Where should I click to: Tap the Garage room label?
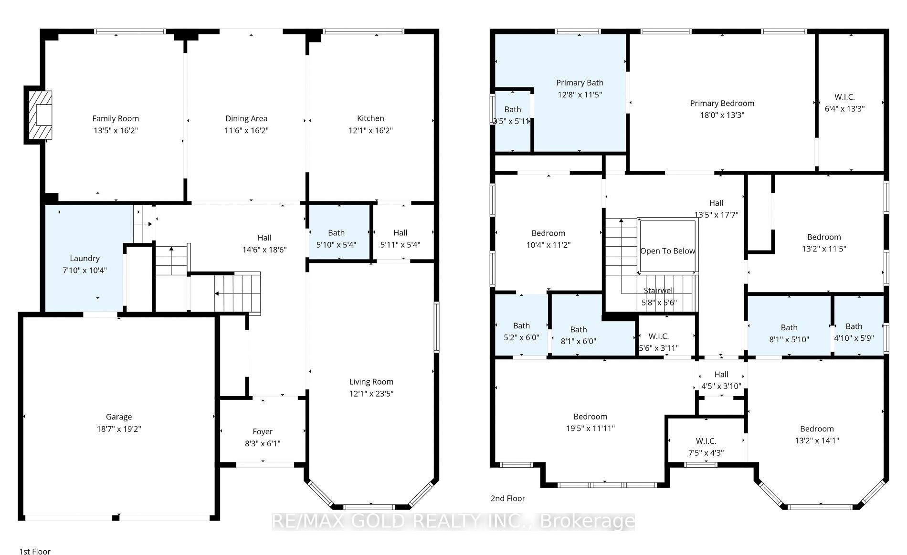coord(119,417)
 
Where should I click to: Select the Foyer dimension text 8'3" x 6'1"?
coord(263,443)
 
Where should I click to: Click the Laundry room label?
coord(84,258)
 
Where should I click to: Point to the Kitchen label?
coord(370,118)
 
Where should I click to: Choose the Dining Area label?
coord(246,118)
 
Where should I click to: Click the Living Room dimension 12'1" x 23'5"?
coord(371,394)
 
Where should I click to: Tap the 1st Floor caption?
coord(35,551)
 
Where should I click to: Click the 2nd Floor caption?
coord(508,498)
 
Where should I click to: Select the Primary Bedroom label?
coord(722,103)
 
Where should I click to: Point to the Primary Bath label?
coord(580,83)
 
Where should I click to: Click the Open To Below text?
coord(667,251)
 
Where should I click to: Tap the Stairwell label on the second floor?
coord(659,290)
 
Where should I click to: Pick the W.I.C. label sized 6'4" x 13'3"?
coord(844,97)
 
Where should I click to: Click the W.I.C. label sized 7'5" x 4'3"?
coord(706,441)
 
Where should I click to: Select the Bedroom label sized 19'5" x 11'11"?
coord(591,417)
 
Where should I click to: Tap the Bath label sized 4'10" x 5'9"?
coord(854,326)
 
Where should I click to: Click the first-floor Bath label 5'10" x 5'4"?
coord(336,232)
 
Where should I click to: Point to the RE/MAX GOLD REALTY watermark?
coord(453,522)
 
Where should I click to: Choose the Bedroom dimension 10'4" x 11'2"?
coord(548,245)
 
